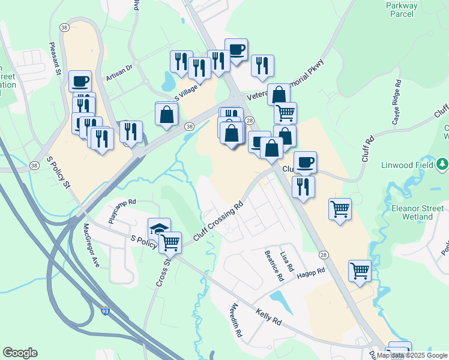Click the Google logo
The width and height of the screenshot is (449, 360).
20,353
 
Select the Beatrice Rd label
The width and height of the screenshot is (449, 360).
274,266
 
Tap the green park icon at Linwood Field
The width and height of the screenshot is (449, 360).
442,163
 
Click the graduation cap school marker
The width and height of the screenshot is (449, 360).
159,229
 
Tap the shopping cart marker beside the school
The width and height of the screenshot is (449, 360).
170,242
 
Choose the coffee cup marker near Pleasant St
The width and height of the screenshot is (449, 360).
80,80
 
